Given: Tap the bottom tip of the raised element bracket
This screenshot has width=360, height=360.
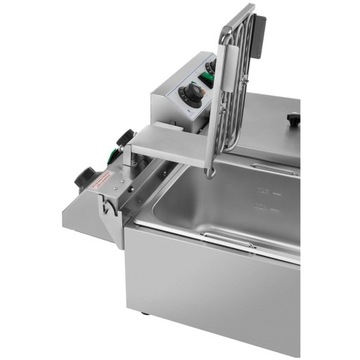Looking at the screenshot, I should tap(209, 173).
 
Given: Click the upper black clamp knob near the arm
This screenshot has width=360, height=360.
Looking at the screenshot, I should tap(124, 137).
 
